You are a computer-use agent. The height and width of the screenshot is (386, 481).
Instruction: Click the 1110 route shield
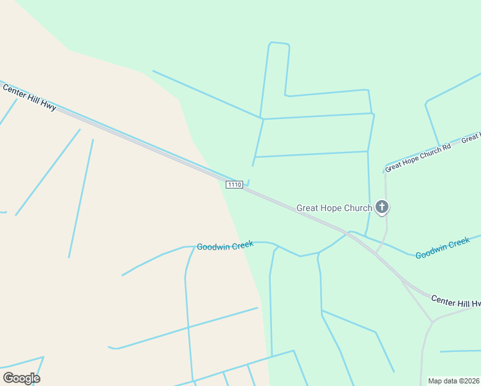(x=234, y=185)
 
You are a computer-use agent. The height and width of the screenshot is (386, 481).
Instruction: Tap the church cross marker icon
(x=382, y=207)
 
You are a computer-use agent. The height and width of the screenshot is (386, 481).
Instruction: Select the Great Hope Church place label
(x=334, y=208)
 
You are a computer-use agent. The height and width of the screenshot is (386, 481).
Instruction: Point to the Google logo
(x=21, y=378)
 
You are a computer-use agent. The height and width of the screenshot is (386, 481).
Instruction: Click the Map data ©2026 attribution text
(x=454, y=381)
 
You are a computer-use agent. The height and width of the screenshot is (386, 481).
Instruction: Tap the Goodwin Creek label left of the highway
(x=225, y=247)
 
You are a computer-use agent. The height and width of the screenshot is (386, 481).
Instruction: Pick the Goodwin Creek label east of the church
(x=442, y=248)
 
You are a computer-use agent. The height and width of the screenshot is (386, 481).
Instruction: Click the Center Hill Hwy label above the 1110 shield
(x=30, y=96)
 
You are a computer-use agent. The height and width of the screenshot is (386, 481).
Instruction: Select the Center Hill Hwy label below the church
(x=455, y=301)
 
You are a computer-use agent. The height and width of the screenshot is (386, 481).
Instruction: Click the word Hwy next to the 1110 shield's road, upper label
(x=49, y=106)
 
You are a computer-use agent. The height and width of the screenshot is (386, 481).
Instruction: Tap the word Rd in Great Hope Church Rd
(x=446, y=146)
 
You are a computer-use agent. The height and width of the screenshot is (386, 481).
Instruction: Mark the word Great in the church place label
(x=307, y=208)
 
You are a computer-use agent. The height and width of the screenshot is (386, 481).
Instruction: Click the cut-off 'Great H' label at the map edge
(x=471, y=137)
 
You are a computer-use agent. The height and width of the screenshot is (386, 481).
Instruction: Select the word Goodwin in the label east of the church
(x=430, y=252)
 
